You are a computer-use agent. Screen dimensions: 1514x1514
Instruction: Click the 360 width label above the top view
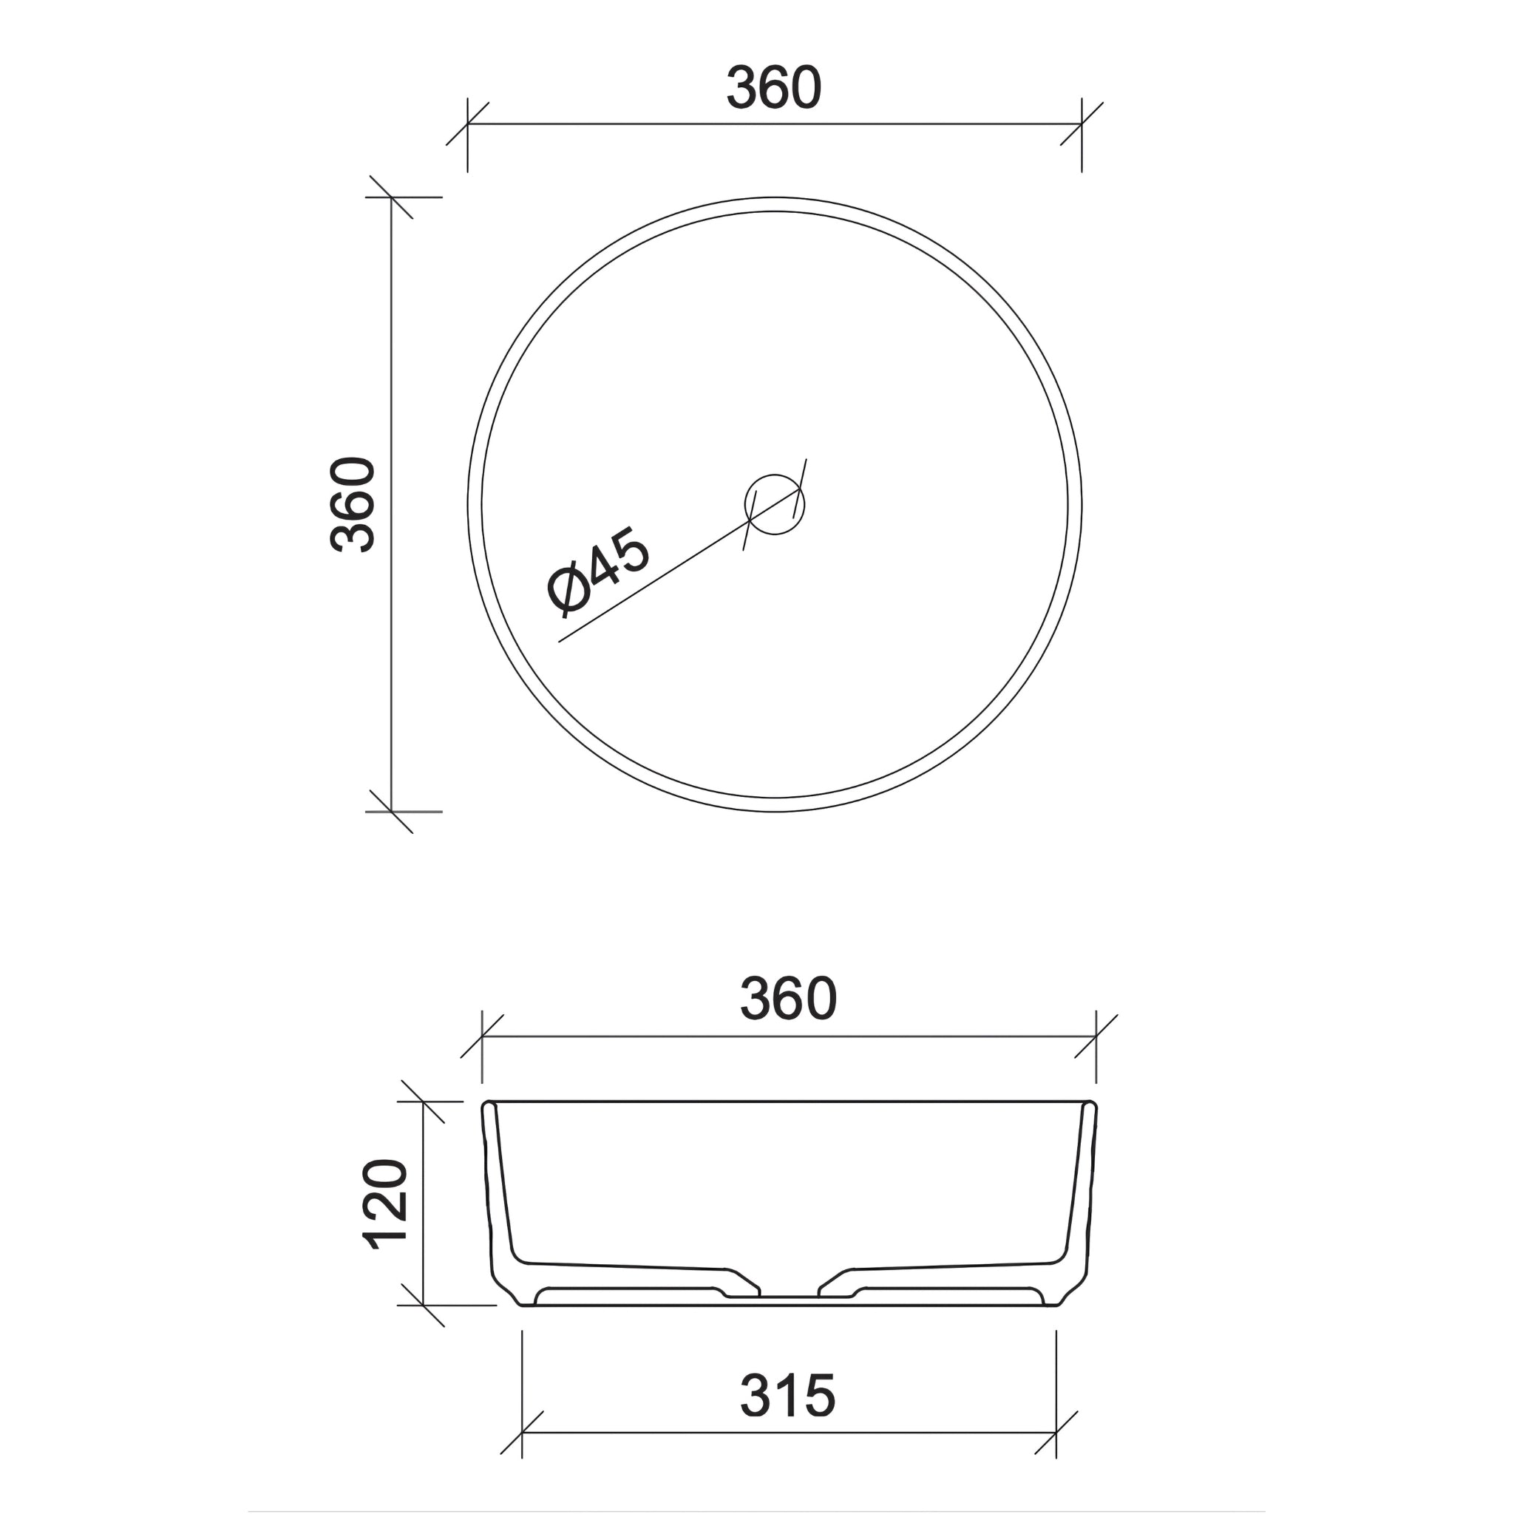coord(773,88)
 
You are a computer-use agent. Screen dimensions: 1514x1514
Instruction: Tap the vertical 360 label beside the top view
coord(353,505)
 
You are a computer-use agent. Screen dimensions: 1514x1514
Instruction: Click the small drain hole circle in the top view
coord(774,505)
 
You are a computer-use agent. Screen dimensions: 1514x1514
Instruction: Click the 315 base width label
coord(787,1396)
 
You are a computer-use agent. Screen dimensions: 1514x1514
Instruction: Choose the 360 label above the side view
coord(788,999)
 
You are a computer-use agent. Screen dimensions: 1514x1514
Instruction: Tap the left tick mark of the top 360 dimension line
coord(468,123)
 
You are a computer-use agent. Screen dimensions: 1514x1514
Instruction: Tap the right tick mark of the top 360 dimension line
coord(1082,123)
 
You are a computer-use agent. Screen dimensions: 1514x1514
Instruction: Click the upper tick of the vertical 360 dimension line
coord(391,197)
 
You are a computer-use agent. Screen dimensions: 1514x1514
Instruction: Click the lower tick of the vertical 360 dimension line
coord(391,812)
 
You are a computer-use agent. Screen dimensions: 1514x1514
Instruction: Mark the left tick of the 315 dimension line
coord(522,1433)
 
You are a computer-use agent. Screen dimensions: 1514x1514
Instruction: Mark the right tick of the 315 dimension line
coord(1056,1433)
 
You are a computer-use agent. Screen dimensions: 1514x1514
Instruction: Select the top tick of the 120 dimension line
coord(423,1101)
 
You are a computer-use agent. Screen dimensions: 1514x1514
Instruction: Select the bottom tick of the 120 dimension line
coord(423,1306)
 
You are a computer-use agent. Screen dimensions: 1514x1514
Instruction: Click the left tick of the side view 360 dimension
coord(482,1036)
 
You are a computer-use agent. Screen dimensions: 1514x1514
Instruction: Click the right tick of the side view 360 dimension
coord(1096,1036)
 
